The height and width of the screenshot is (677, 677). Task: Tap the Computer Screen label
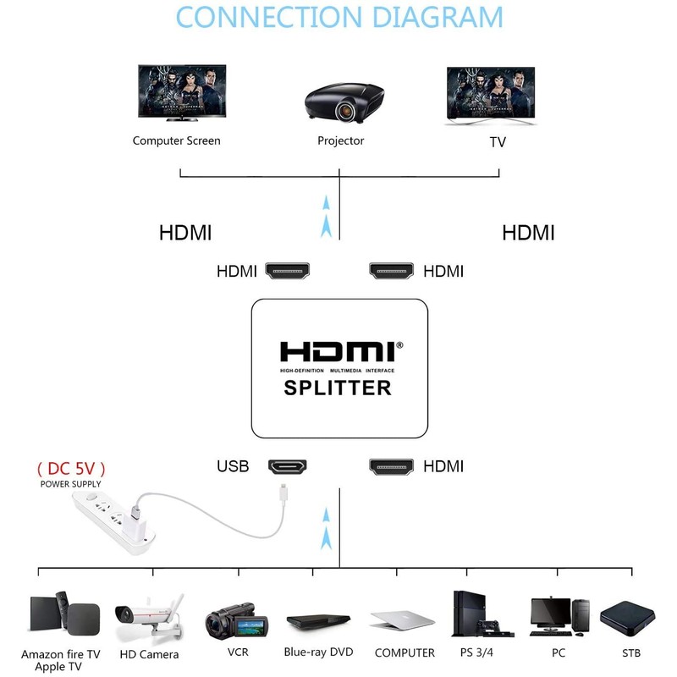[176, 140]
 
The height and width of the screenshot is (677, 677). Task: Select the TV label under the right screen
[498, 141]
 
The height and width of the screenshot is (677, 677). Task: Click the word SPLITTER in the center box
[336, 388]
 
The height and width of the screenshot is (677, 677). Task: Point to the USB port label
[233, 465]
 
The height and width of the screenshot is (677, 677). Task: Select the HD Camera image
[149, 617]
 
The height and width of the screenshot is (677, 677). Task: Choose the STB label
[630, 652]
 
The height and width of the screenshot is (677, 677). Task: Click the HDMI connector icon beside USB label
[288, 465]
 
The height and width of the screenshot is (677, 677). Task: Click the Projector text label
[340, 140]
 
